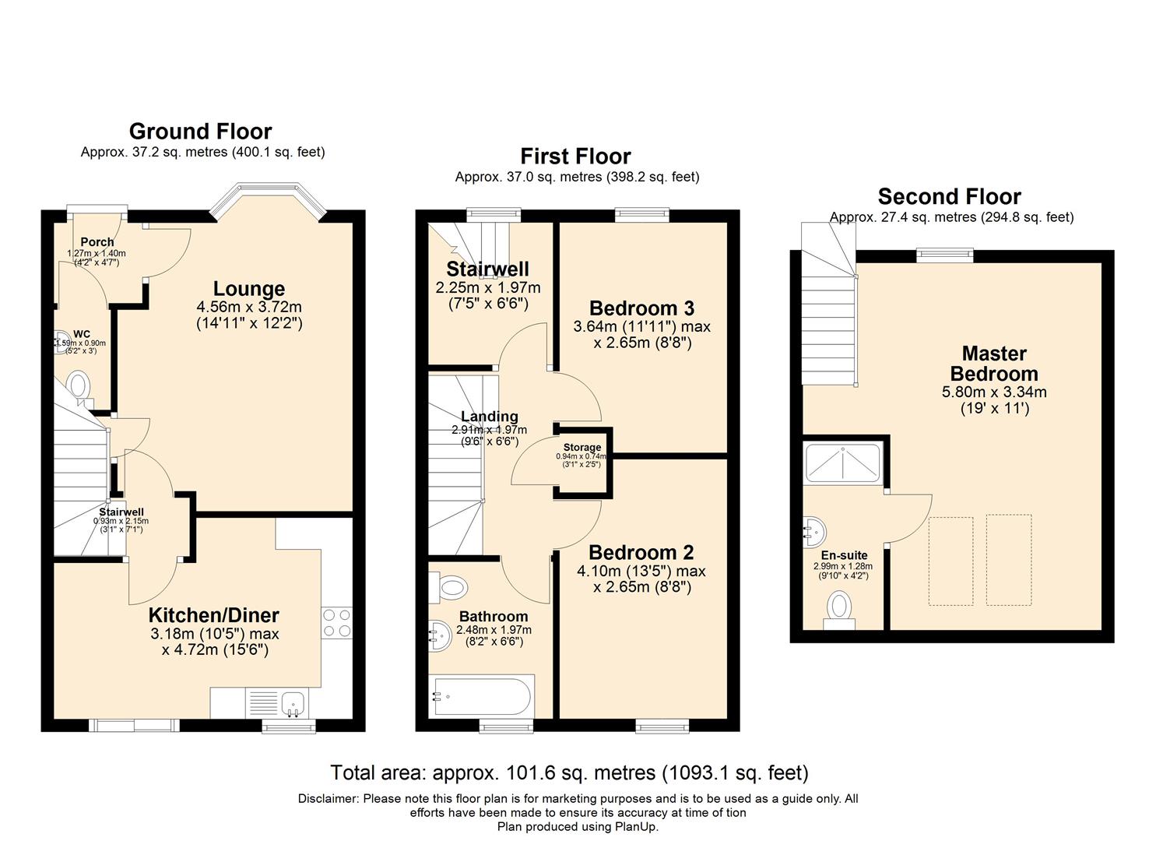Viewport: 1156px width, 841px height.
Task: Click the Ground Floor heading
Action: coord(200,131)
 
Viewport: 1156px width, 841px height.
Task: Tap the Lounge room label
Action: coord(249,289)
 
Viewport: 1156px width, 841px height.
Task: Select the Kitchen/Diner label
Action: coord(213,615)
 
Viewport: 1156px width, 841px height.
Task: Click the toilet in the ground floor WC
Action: coord(78,385)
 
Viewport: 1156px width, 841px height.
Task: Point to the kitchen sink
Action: coord(293,702)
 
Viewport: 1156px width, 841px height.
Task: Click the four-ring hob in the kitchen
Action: coord(336,623)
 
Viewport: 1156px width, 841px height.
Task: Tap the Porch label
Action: coord(97,242)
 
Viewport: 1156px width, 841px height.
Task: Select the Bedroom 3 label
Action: coord(641,308)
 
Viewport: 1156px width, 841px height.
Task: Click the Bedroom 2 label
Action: coord(641,553)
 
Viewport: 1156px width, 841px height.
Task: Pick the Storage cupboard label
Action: coord(582,448)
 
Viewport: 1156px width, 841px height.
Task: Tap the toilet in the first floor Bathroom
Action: coord(452,587)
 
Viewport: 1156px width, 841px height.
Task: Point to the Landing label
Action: coord(489,417)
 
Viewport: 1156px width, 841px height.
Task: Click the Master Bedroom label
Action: coord(994,363)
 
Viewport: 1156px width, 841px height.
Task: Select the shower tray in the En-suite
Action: coord(843,463)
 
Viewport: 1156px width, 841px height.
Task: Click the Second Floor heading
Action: coord(949,196)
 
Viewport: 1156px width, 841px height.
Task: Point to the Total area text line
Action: coord(569,772)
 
